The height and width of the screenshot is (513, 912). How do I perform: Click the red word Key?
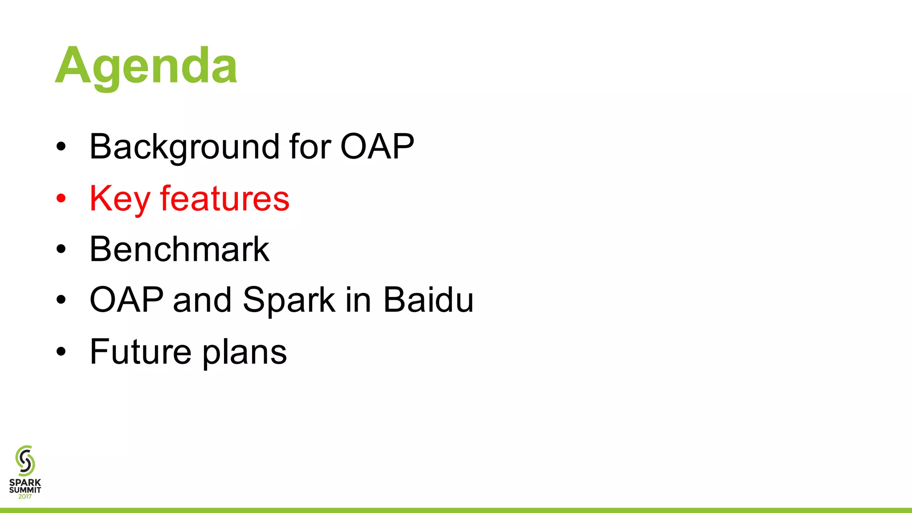point(119,199)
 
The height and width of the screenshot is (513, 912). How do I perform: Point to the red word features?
point(225,199)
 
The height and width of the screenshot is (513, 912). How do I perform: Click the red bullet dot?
point(61,198)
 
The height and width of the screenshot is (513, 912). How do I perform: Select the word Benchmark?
point(179,249)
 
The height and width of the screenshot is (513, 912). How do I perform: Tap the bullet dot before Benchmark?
point(61,249)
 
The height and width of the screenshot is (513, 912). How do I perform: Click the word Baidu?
point(428,300)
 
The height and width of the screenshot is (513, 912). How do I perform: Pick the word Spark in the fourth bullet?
point(289,301)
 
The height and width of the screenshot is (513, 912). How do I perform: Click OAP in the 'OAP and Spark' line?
point(126,300)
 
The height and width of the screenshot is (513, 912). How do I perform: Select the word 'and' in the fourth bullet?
point(203,300)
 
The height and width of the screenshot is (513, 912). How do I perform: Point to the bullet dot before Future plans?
point(61,352)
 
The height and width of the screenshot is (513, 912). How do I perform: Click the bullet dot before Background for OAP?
point(61,147)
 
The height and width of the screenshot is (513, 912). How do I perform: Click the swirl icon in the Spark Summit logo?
point(25,460)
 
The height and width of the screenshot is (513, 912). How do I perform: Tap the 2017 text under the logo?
point(25,497)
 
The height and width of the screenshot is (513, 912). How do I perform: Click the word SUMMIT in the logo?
point(25,490)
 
